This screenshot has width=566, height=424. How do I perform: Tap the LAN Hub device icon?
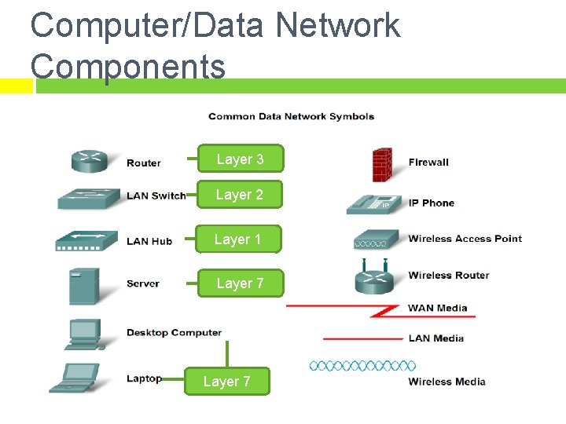86,241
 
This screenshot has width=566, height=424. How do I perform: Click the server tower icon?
85,285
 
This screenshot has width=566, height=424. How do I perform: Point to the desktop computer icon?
86,334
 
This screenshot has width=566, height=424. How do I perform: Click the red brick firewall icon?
383,164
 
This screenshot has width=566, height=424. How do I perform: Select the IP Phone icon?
373,203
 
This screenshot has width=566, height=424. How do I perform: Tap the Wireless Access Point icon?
374,239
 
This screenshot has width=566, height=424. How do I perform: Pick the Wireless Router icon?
373,277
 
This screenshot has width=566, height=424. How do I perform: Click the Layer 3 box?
240,159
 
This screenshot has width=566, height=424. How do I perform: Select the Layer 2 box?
240,195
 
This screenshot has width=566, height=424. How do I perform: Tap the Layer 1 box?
237,239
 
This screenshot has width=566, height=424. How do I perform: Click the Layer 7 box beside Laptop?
226,382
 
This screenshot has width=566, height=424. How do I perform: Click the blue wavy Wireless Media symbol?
362,366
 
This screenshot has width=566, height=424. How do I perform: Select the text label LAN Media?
436,338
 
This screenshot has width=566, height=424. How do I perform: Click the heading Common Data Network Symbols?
291,117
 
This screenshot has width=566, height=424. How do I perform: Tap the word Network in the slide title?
338,25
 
